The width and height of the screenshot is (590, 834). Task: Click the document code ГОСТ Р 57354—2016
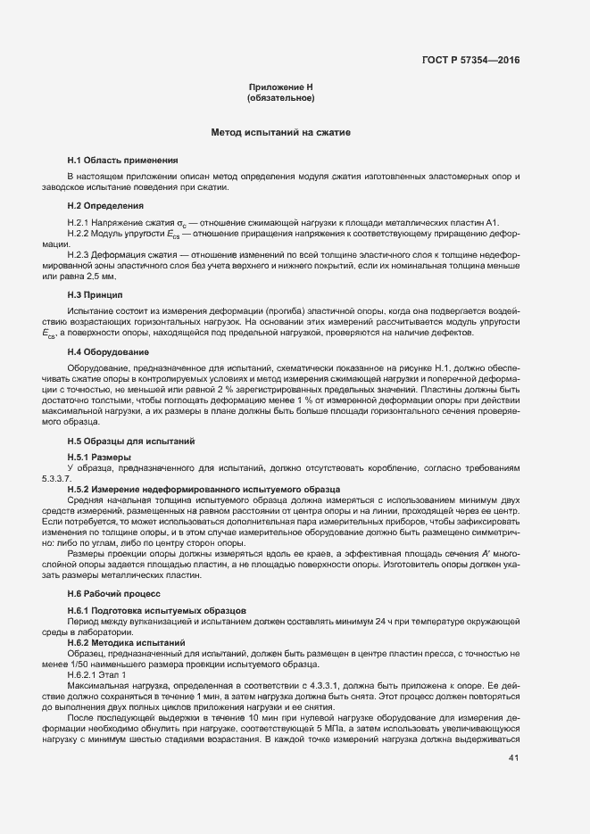470,62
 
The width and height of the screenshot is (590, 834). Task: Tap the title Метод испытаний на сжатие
280,132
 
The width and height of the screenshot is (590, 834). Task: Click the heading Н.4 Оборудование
108,351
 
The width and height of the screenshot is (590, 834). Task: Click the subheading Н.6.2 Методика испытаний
126,642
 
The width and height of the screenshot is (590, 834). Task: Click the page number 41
513,759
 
